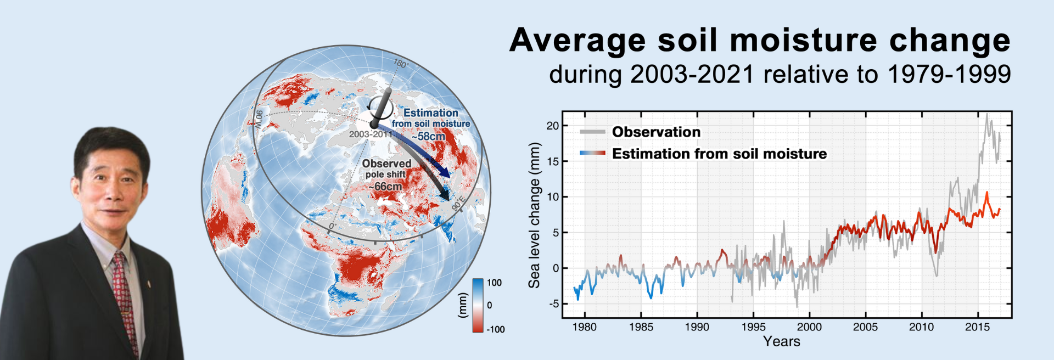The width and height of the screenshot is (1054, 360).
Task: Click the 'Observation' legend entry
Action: pyautogui.click(x=640, y=132)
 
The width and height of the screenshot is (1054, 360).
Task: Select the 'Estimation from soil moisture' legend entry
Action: pyautogui.click(x=703, y=154)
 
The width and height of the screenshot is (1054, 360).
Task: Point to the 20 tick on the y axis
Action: pyautogui.click(x=552, y=126)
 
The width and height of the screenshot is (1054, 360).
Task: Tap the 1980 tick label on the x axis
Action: pyautogui.click(x=584, y=327)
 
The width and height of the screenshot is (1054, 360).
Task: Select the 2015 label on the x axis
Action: pyautogui.click(x=977, y=327)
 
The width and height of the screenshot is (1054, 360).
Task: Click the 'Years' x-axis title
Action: pyautogui.click(x=781, y=341)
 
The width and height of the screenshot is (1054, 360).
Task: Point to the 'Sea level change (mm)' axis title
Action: pyautogui.click(x=534, y=215)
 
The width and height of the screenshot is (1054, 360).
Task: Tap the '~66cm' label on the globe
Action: pyautogui.click(x=385, y=187)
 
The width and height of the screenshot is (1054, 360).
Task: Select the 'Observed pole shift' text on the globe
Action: pyautogui.click(x=386, y=168)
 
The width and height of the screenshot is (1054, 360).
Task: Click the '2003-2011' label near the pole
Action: pyautogui.click(x=371, y=134)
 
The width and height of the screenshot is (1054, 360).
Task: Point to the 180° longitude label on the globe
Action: pyautogui.click(x=401, y=64)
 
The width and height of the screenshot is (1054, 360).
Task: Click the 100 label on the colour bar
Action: pyautogui.click(x=494, y=283)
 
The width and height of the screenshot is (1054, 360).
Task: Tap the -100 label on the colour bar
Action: pyautogui.click(x=495, y=329)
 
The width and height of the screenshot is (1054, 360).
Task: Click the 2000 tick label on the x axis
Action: pyautogui.click(x=809, y=327)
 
